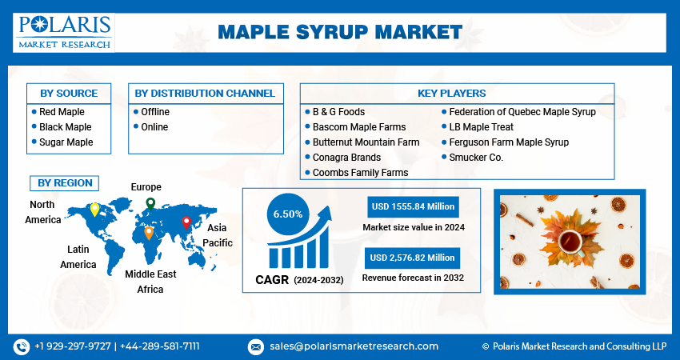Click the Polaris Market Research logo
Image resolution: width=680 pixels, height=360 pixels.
click(64, 32)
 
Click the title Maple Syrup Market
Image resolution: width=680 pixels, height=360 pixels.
click(339, 32)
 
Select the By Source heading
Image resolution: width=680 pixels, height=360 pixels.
click(69, 94)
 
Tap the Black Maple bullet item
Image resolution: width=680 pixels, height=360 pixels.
click(65, 127)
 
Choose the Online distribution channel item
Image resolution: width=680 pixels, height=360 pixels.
click(154, 127)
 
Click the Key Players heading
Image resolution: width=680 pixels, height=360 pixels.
click(457, 94)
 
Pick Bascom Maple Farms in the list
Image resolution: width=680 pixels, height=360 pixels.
click(358, 127)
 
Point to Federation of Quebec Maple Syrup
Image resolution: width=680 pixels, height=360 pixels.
click(522, 112)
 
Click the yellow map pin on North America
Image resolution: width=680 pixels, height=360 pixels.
click(94, 209)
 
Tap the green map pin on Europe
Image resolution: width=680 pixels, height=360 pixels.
click(150, 204)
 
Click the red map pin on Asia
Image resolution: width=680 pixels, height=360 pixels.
click(186, 222)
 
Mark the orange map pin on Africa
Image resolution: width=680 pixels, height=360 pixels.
click(149, 233)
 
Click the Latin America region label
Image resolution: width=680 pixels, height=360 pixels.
click(78, 257)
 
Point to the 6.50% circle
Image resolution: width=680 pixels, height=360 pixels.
click(287, 214)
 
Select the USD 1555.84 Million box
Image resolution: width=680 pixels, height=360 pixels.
click(413, 206)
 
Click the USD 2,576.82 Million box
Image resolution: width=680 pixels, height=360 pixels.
click(413, 258)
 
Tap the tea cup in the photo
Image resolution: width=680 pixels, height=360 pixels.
click(570, 239)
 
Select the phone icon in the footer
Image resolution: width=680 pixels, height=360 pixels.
click(21, 346)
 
